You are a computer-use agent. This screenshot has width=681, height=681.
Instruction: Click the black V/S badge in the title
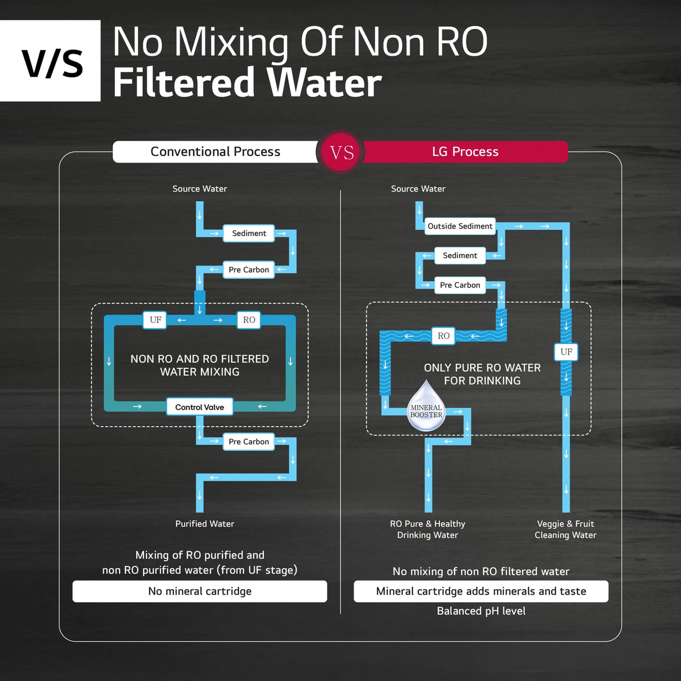tap(50, 61)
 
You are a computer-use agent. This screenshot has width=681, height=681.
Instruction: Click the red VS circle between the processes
tap(340, 152)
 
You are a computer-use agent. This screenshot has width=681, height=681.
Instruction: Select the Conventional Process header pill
tap(215, 152)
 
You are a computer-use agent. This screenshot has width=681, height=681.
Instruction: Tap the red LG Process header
tap(465, 152)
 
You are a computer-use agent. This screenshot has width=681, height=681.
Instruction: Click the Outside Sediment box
tap(460, 226)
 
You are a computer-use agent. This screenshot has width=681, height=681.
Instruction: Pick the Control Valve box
tap(200, 407)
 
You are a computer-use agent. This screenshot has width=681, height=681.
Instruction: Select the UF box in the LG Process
tap(566, 352)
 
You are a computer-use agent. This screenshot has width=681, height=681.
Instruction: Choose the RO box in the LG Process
tap(444, 336)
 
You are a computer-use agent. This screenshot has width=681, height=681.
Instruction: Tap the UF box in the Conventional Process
tap(155, 320)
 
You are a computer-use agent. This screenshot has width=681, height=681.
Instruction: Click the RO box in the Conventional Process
tap(249, 320)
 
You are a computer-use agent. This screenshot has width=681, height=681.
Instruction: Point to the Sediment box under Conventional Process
tap(249, 233)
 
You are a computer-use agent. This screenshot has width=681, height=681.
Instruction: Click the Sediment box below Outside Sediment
tap(460, 255)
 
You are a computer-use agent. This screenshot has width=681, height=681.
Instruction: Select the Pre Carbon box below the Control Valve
tap(249, 442)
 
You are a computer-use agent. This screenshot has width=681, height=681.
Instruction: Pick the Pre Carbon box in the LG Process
tap(460, 285)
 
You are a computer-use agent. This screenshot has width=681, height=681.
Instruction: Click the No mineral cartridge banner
tap(200, 591)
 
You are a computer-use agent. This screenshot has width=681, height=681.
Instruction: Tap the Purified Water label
tap(205, 524)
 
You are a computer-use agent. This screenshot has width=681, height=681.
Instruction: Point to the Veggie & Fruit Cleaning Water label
tap(565, 529)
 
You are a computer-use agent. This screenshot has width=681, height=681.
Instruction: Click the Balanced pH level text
tap(481, 611)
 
